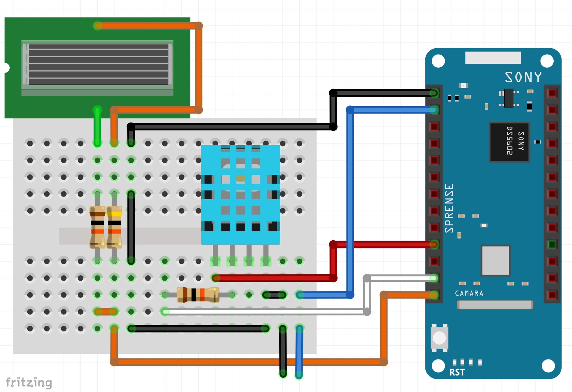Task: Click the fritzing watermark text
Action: [29, 383]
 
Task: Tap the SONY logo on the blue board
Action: [523, 77]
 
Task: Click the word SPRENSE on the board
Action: [449, 208]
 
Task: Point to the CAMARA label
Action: [469, 293]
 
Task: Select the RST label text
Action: [457, 372]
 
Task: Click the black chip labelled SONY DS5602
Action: [510, 142]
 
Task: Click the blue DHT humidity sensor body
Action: [241, 194]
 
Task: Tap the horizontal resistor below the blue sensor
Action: [198, 295]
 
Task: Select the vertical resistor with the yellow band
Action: [114, 227]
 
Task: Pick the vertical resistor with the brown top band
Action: [97, 227]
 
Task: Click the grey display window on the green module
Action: [98, 65]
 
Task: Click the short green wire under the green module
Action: [97, 126]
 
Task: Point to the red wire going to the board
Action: [382, 245]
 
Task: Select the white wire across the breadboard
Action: [262, 311]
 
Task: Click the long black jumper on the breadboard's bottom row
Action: [198, 329]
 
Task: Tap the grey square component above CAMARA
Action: [495, 260]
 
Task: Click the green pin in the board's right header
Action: [552, 245]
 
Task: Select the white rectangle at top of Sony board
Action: [493, 58]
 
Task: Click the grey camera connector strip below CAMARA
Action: [495, 305]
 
